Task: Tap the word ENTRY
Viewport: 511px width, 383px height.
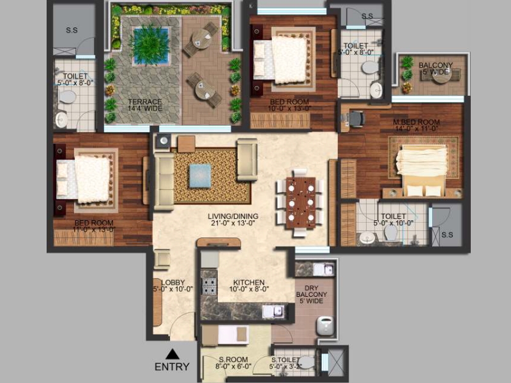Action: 172,367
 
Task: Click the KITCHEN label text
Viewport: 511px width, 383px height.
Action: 248,282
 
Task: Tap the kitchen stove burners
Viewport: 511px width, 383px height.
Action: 209,282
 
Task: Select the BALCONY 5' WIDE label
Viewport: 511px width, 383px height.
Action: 435,68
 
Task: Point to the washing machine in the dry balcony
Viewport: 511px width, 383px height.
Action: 326,327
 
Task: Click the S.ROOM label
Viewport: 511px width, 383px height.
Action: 233,363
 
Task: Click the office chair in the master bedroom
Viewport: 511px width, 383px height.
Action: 356,117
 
